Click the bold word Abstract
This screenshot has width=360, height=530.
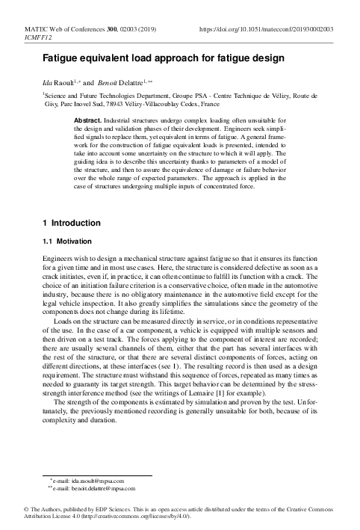[x=92, y=120]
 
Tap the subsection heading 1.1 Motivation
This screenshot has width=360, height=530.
[x=66, y=242]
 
